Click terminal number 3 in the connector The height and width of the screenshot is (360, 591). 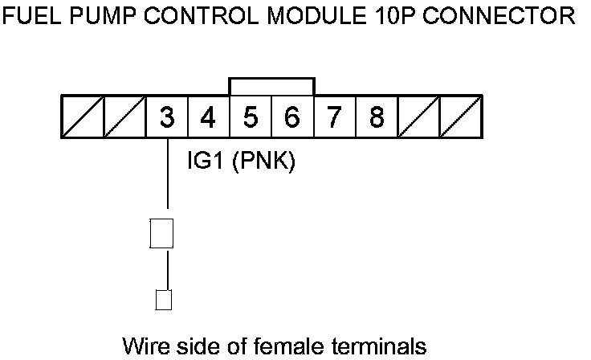tap(166, 117)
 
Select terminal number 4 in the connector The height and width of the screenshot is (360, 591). tap(208, 117)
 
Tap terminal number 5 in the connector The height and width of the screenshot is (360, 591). tap(251, 117)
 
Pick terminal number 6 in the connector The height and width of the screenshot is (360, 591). tap(292, 117)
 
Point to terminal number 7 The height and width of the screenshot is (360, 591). tap(334, 117)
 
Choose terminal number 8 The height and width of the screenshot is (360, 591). tap(376, 117)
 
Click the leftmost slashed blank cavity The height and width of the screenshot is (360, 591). tap(83, 117)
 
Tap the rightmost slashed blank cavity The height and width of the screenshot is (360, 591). tap(461, 117)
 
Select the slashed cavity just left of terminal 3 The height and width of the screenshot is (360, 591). tap(124, 117)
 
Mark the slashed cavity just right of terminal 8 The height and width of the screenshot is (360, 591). tap(418, 117)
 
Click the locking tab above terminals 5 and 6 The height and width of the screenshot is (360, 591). tap(271, 86)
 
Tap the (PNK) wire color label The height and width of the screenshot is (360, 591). tap(264, 163)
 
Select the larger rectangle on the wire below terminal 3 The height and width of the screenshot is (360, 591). tap(162, 233)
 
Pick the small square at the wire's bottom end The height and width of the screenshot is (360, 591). tap(163, 300)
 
